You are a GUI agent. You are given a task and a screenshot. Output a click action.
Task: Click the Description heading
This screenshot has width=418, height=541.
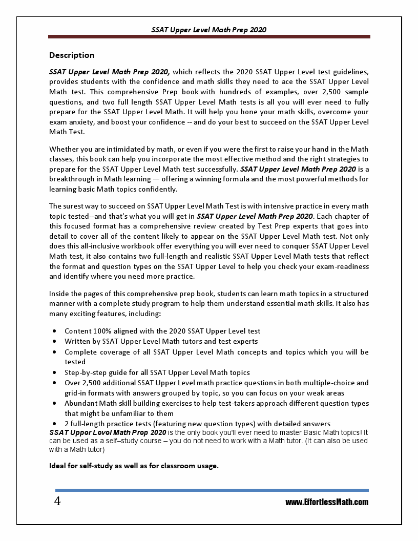pyautogui.click(x=72, y=55)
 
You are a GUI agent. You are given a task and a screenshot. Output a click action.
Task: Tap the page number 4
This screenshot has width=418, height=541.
pyautogui.click(x=57, y=501)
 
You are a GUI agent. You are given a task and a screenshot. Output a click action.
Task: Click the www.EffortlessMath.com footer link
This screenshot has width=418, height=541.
pyautogui.click(x=327, y=502)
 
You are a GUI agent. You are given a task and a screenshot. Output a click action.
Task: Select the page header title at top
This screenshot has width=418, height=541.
pyautogui.click(x=209, y=30)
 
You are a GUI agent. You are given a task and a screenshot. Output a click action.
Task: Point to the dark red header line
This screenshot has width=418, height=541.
pyautogui.click(x=209, y=37)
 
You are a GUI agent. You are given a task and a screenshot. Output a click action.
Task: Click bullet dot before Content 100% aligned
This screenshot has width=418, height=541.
pyautogui.click(x=54, y=331)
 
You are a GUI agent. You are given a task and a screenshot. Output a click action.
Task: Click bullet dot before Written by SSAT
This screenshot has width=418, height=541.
pyautogui.click(x=54, y=342)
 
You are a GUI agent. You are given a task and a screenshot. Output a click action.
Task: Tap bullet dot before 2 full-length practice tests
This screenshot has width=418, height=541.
pyautogui.click(x=54, y=424)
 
